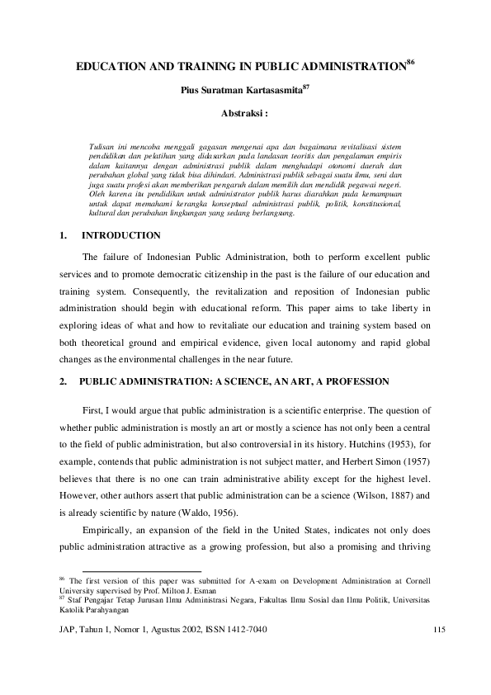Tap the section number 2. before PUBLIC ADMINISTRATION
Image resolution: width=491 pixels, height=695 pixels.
[x=64, y=381]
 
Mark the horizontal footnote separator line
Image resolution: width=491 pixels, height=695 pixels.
[x=142, y=570]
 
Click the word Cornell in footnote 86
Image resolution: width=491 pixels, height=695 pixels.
[x=412, y=582]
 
